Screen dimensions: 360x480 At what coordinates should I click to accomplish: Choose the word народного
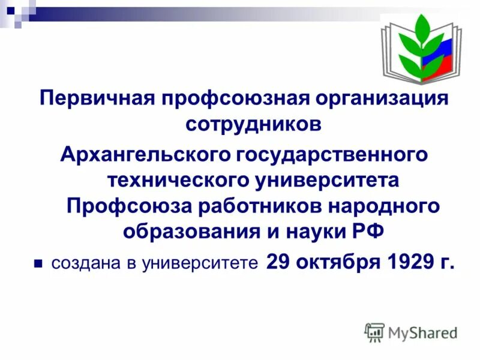click(x=385, y=206)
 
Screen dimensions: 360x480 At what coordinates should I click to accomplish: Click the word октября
click(x=326, y=262)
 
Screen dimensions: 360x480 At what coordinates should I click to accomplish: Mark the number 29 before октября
click(x=277, y=262)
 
